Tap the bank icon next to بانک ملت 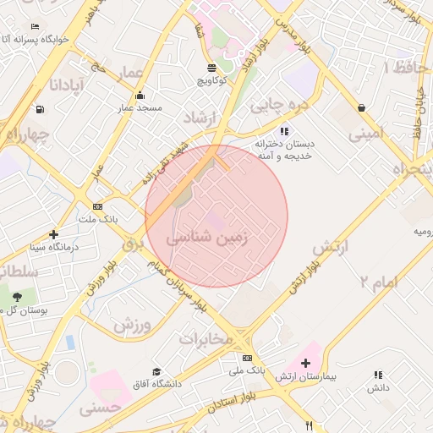(98, 206)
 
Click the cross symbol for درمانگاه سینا (54, 234)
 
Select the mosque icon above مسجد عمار (140, 95)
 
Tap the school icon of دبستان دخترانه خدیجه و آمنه (284, 131)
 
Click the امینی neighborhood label (365, 132)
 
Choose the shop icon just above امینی (362, 107)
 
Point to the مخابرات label (205, 338)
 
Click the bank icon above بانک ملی (247, 358)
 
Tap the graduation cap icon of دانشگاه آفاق (156, 371)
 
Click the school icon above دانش (377, 374)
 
